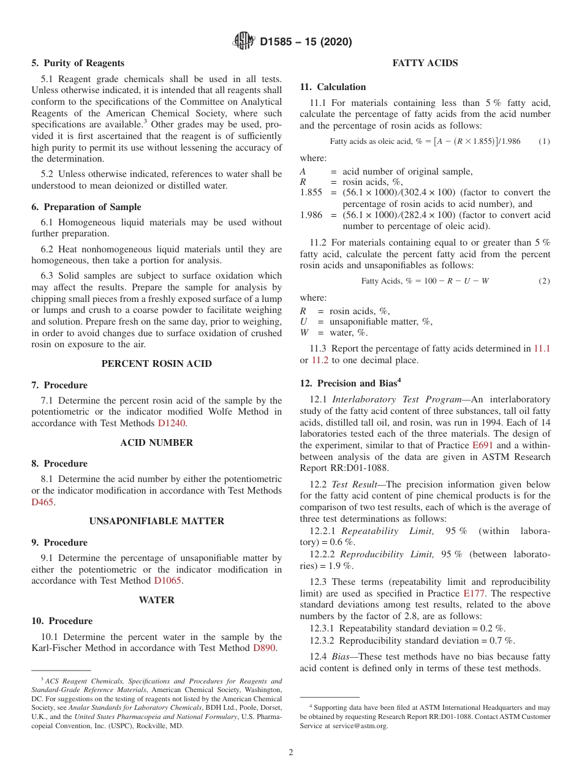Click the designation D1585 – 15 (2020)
[306, 42]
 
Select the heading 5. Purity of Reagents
[78, 63]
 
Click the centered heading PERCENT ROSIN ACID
[156, 364]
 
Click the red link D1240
[172, 423]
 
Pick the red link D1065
[168, 581]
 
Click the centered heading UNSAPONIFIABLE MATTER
[156, 521]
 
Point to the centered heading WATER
[156, 600]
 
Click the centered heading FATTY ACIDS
[425, 63]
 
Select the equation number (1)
[544, 141]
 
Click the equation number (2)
[544, 281]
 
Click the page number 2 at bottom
[291, 753]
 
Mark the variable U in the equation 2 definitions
[303, 322]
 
